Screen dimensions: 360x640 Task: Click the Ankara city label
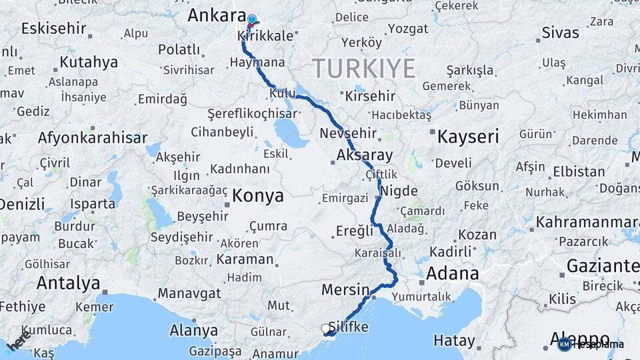tap(217, 15)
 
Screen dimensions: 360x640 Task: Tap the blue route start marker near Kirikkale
tap(251, 20)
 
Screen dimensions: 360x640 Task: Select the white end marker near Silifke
tap(326, 329)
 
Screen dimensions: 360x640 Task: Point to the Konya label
tap(258, 196)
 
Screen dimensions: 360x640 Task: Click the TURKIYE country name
tap(363, 68)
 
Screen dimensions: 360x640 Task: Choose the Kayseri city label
tap(468, 137)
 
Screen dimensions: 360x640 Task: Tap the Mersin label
tap(345, 290)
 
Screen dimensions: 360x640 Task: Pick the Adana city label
tap(452, 273)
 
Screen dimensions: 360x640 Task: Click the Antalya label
tap(68, 283)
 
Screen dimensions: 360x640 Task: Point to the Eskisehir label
tap(54, 29)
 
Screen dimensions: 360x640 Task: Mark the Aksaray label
tap(365, 155)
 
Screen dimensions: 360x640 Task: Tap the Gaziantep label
tap(603, 266)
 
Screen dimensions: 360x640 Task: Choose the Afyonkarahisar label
tap(93, 138)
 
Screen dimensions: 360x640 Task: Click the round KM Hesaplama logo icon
tap(565, 345)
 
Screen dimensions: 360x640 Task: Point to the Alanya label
tap(194, 330)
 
